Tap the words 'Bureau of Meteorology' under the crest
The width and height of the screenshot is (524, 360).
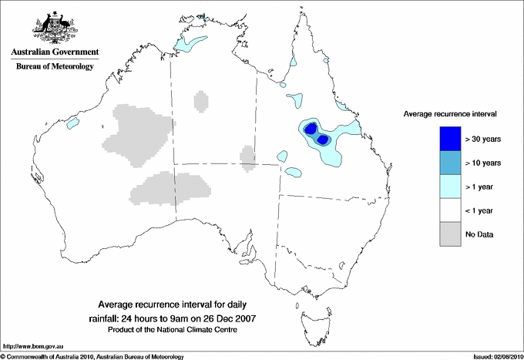[55, 67]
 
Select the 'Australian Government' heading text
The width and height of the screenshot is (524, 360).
[55, 52]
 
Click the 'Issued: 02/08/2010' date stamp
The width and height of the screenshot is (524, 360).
[497, 356]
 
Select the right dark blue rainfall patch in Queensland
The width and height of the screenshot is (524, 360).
[323, 140]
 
